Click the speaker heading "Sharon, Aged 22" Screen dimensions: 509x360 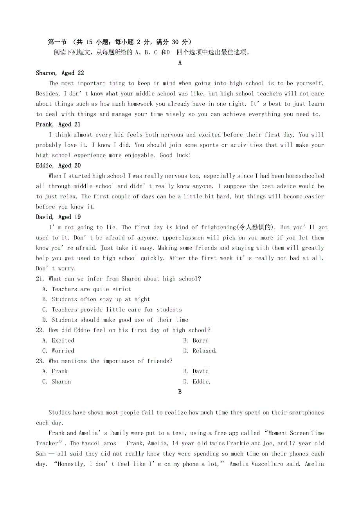point(60,73)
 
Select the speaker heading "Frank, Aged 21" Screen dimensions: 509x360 point(58,124)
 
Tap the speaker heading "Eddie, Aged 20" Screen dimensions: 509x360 point(58,165)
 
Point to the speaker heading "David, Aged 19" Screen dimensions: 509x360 point(58,217)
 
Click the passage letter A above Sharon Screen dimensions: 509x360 point(180,63)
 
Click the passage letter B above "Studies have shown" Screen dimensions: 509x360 point(180,392)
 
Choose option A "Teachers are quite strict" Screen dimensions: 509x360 point(86,289)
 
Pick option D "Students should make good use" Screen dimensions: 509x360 point(115,320)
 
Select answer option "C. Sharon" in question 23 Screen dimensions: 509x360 point(57,382)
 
